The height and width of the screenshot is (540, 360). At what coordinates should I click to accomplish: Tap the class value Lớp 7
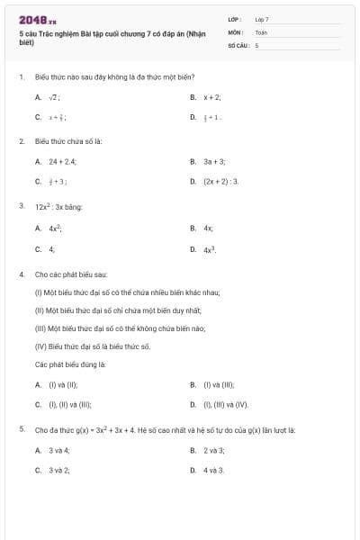[x=262, y=19]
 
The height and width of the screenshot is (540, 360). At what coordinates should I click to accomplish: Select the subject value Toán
[x=261, y=31]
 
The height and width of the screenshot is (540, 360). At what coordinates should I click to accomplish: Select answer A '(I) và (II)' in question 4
[x=56, y=385]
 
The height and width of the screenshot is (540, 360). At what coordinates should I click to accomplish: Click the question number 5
[x=21, y=430]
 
